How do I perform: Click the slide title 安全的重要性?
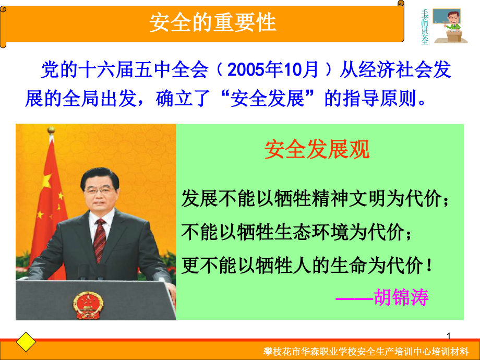pyautogui.click(x=213, y=22)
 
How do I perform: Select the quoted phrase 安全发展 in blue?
pyautogui.click(x=267, y=99)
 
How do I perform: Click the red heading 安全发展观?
pyautogui.click(x=317, y=149)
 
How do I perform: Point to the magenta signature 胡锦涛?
pyautogui.click(x=401, y=297)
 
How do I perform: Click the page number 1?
pyautogui.click(x=449, y=336)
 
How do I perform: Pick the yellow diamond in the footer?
pyautogui.click(x=26, y=342)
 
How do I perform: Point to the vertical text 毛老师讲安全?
pyautogui.click(x=425, y=27)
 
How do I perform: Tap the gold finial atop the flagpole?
pyautogui.click(x=51, y=130)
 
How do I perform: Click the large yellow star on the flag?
pyautogui.click(x=47, y=180)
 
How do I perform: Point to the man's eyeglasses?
pyautogui.click(x=100, y=191)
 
